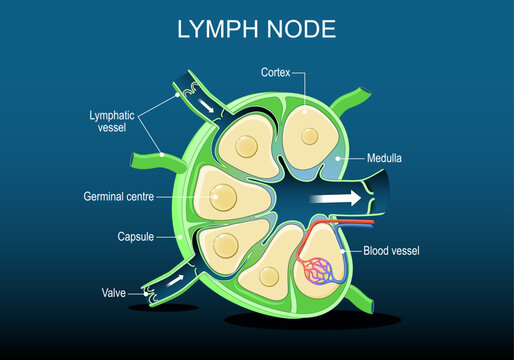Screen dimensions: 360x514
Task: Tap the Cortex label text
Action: pyautogui.click(x=277, y=73)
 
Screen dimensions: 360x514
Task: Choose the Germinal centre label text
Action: pyautogui.click(x=132, y=198)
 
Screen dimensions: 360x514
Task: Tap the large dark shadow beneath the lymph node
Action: pyautogui.click(x=285, y=321)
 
